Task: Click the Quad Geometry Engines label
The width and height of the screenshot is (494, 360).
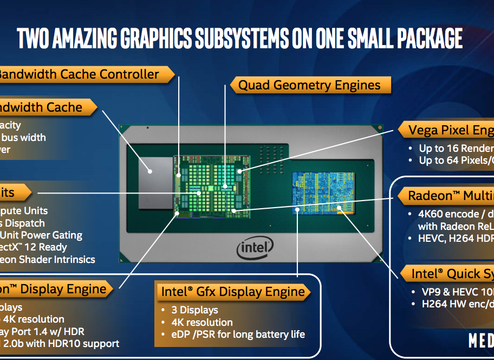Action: [x=309, y=85]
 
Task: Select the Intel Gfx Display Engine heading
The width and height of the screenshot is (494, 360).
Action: [x=233, y=292]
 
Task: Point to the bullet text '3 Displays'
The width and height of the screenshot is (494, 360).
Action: [x=196, y=310]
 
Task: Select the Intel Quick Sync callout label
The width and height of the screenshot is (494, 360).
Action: [x=452, y=273]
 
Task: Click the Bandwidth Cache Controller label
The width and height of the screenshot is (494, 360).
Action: [x=79, y=74]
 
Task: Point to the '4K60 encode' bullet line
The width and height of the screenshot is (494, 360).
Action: [x=456, y=214]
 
